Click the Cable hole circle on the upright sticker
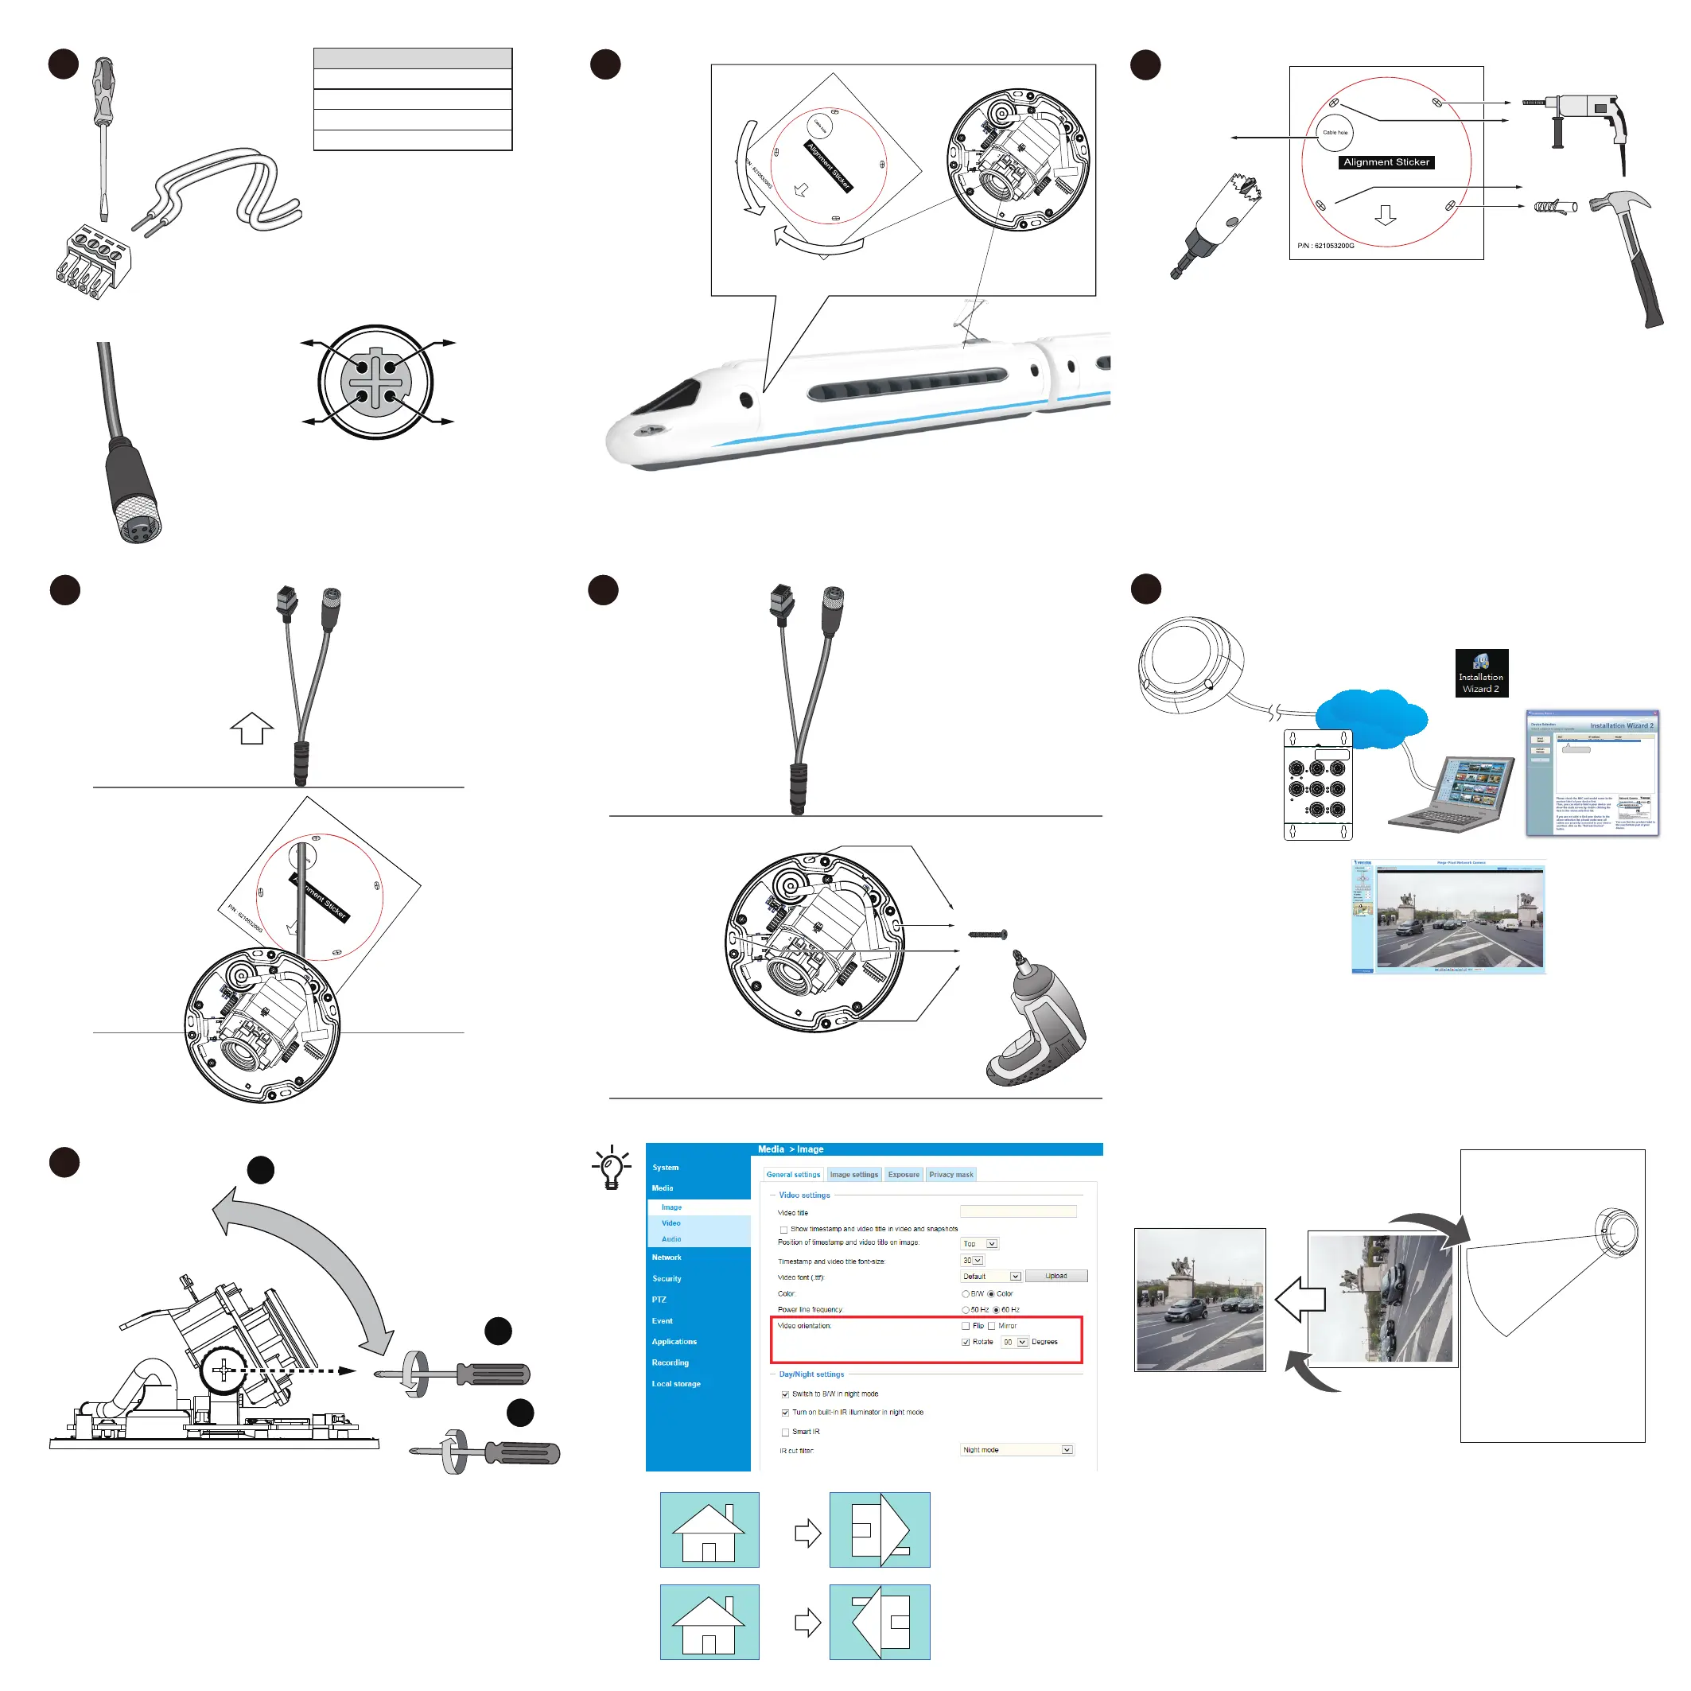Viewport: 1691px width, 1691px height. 1335,132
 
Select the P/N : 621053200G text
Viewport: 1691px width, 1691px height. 1325,246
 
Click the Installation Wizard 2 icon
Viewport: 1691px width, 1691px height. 1481,673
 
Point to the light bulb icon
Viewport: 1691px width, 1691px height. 612,1168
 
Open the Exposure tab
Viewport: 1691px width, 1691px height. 904,1175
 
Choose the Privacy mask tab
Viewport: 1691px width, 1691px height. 950,1175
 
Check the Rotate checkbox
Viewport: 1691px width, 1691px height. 966,1343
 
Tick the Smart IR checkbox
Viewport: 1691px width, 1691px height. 785,1432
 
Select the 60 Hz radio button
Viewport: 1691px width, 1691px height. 996,1310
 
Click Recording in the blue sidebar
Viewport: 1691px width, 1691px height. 671,1363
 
